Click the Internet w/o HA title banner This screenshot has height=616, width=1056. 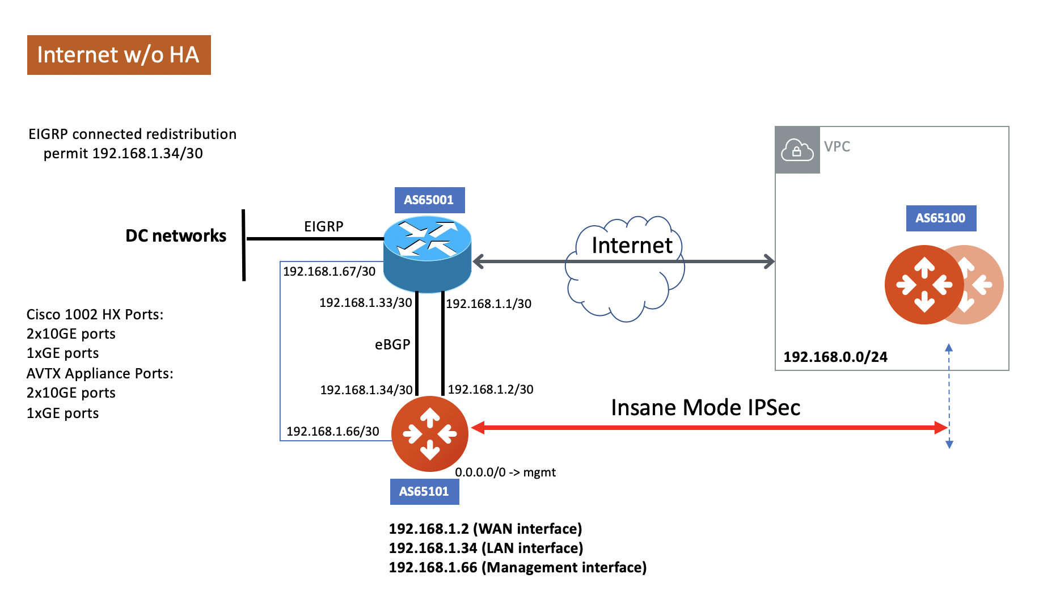119,55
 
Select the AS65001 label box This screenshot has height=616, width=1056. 429,200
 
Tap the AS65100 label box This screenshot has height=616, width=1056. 940,218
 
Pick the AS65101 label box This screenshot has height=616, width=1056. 424,491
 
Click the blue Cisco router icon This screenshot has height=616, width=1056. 427,254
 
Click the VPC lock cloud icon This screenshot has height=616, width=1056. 797,150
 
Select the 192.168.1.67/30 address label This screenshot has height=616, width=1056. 329,271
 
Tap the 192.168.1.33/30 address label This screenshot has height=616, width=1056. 365,302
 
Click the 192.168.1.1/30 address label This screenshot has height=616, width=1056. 488,303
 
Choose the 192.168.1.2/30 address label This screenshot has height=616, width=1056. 490,389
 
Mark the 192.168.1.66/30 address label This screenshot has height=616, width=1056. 332,431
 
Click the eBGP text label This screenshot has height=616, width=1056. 392,344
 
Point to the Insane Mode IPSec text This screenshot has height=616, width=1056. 705,407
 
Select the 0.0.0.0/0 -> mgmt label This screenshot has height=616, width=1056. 505,472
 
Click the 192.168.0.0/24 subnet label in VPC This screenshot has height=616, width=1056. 835,357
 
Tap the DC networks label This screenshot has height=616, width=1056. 175,235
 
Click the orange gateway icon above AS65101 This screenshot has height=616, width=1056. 429,434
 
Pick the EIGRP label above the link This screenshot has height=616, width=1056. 323,226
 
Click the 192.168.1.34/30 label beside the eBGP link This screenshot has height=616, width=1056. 366,390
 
